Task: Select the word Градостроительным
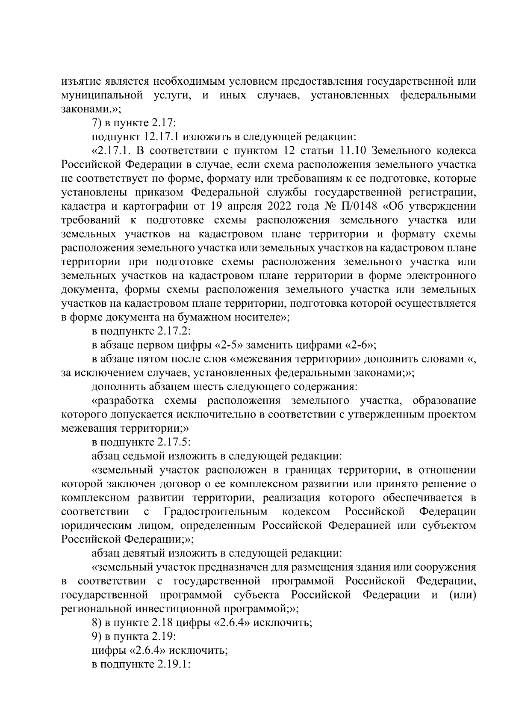(215, 512)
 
